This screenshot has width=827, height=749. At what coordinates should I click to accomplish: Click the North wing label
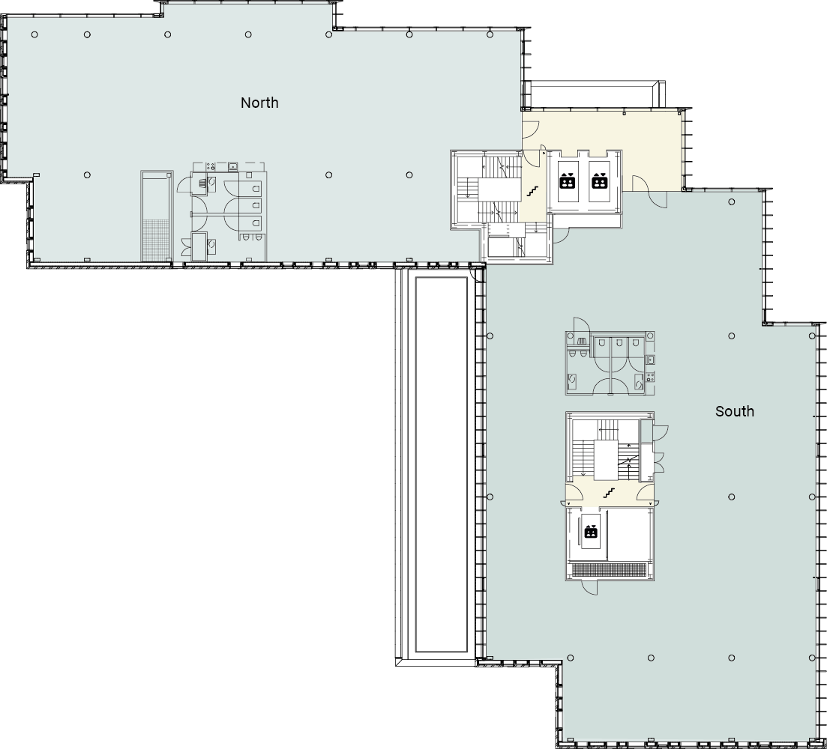tap(259, 103)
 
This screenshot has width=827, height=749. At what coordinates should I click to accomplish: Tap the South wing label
tap(735, 411)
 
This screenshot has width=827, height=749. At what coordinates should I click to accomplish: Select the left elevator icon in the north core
tap(568, 181)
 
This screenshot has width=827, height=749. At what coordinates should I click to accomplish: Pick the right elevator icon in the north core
tap(599, 181)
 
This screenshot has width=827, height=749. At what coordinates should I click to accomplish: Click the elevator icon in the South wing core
tap(590, 532)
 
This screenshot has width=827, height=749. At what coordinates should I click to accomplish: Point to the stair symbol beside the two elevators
tap(532, 191)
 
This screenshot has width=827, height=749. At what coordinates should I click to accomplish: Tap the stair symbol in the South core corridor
tap(609, 494)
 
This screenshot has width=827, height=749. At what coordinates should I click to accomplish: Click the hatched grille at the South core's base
tap(609, 569)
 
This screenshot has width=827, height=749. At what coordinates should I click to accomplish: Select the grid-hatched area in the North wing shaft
tap(157, 240)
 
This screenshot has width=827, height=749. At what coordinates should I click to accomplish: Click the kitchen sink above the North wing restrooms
tap(232, 167)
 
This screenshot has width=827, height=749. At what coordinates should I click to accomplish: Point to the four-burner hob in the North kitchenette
tap(211, 166)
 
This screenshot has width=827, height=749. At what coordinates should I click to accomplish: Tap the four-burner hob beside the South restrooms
tap(650, 376)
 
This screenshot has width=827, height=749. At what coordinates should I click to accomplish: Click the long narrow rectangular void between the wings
tap(442, 464)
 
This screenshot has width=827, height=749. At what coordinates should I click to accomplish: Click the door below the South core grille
tap(589, 588)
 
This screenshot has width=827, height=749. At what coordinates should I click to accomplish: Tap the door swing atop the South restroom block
tap(580, 324)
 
